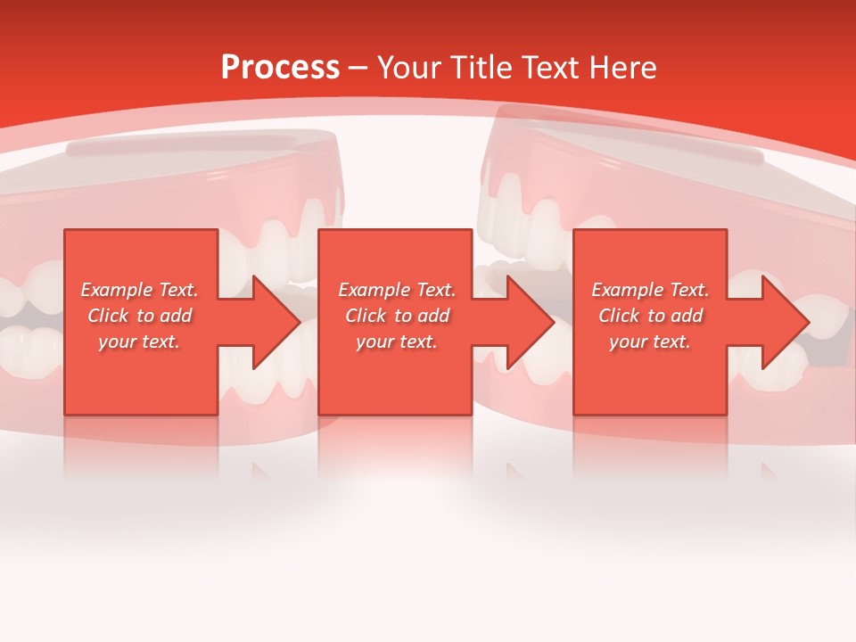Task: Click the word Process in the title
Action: pyautogui.click(x=280, y=68)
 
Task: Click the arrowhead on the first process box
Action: pyautogui.click(x=275, y=322)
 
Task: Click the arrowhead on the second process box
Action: pyautogui.click(x=530, y=322)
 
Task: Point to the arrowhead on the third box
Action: pyautogui.click(x=784, y=322)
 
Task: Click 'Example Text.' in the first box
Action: pyautogui.click(x=140, y=290)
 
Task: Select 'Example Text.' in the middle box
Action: pyautogui.click(x=397, y=290)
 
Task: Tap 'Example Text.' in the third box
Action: pyautogui.click(x=650, y=290)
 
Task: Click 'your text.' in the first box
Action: pyautogui.click(x=139, y=342)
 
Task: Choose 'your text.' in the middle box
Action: pyautogui.click(x=397, y=342)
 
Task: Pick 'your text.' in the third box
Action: pyautogui.click(x=650, y=342)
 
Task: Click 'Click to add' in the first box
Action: pyautogui.click(x=140, y=316)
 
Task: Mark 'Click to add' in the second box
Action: pyautogui.click(x=397, y=316)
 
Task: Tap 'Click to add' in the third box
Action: pyautogui.click(x=650, y=316)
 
